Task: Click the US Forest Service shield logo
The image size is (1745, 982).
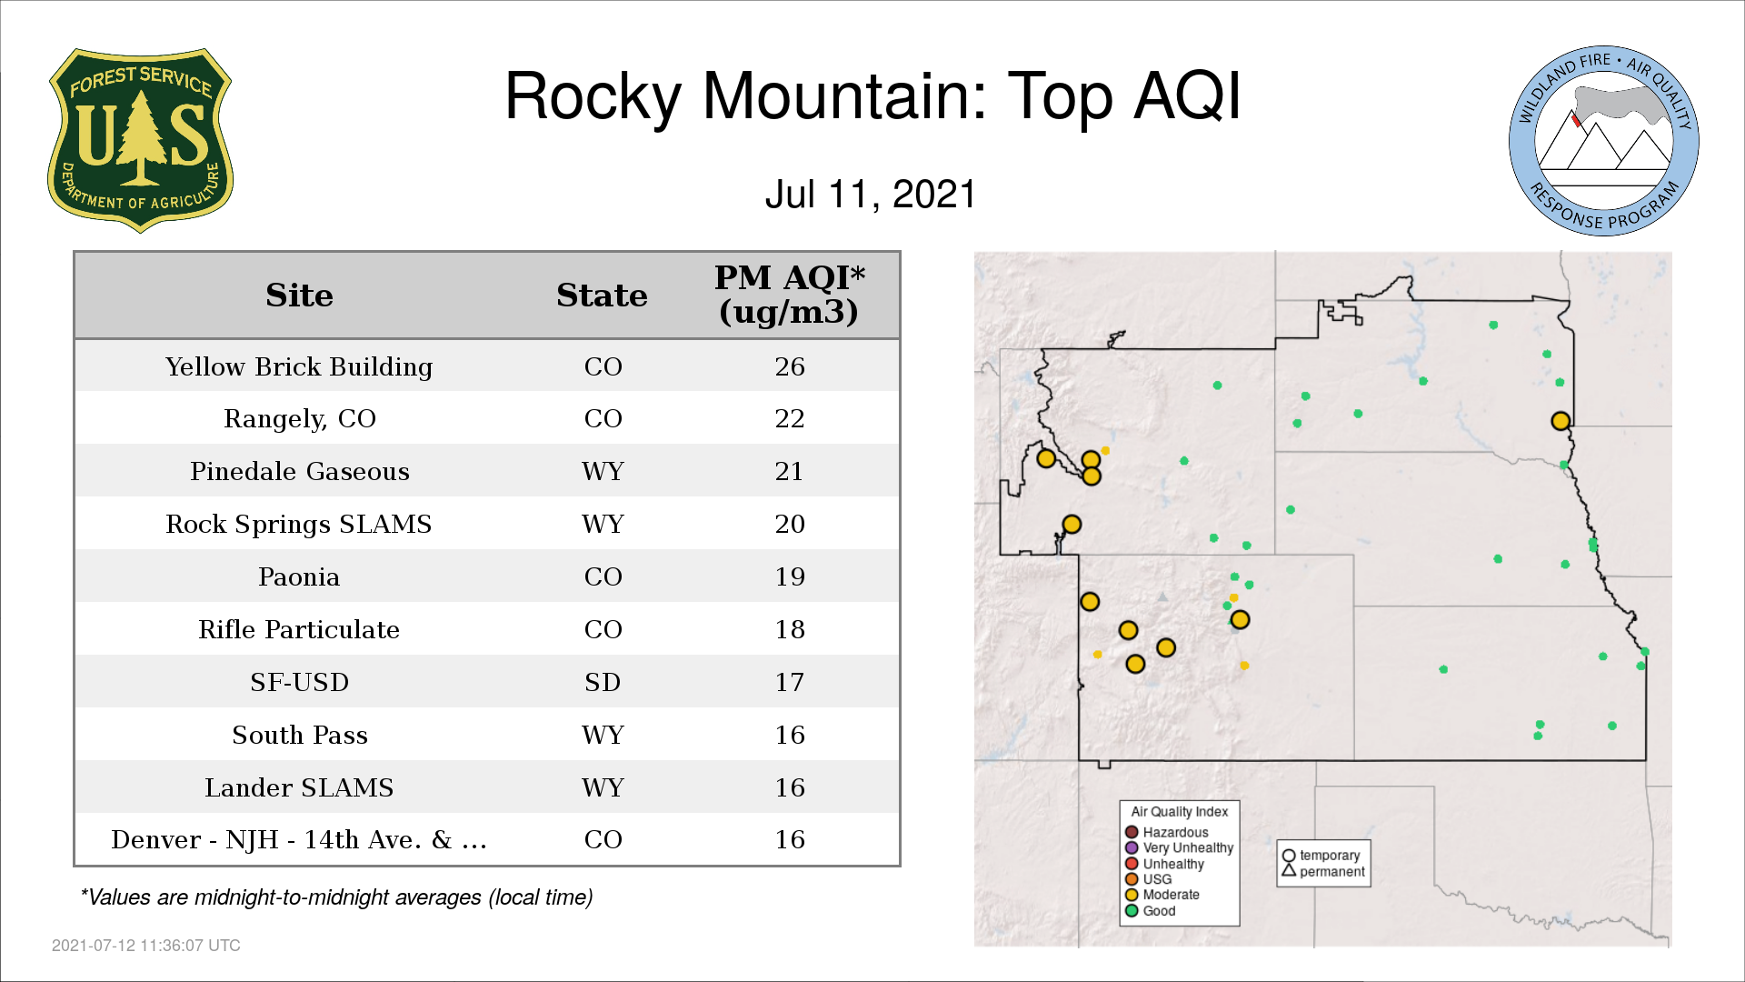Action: pos(140,141)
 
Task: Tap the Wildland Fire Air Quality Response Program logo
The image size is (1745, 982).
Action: pos(1604,141)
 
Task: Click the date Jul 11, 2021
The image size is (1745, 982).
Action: pos(871,195)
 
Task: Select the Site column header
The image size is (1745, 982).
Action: pos(299,296)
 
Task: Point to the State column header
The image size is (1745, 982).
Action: pos(602,296)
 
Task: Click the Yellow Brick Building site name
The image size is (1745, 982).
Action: pos(299,366)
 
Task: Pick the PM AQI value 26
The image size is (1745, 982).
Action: pos(790,366)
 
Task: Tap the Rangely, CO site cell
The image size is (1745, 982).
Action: pos(299,419)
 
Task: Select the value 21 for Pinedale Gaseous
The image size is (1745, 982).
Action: pos(789,471)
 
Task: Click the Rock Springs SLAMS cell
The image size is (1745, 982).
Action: pos(299,525)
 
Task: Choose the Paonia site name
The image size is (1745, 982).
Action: pos(299,576)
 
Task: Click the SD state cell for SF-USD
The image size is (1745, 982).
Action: pos(603,682)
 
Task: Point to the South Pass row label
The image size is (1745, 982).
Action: pos(300,735)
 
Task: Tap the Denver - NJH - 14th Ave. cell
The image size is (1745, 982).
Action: pos(299,839)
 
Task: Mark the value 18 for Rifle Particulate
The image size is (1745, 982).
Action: pos(790,629)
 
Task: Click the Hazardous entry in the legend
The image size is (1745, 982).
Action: pos(1167,832)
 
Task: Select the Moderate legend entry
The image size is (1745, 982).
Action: pos(1162,895)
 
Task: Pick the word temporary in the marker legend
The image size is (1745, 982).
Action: pos(1330,856)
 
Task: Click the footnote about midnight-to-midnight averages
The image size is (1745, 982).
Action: pos(336,897)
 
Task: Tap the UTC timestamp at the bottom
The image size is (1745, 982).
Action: pos(146,946)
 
